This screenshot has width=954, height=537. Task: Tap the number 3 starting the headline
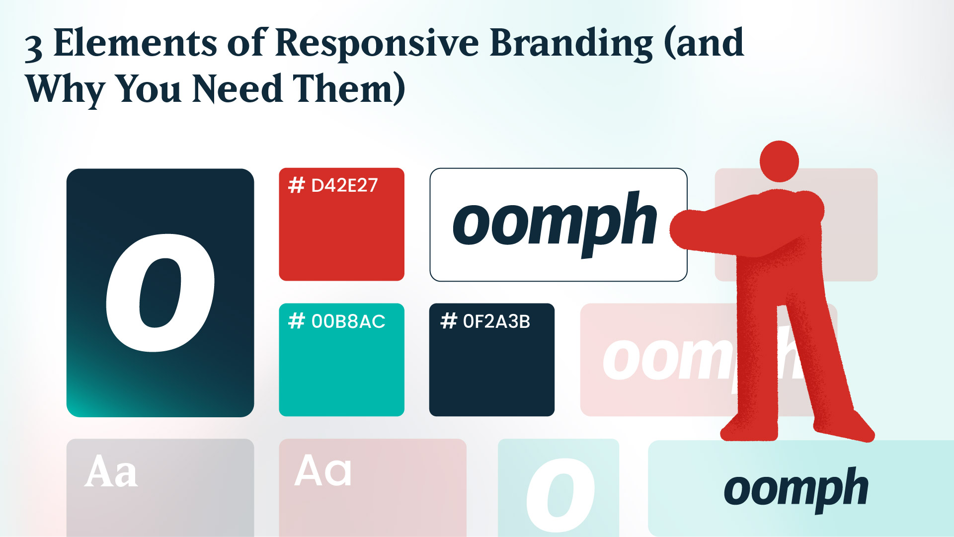[33, 48]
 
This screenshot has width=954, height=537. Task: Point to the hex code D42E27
[344, 186]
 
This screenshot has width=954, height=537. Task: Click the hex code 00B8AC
[348, 321]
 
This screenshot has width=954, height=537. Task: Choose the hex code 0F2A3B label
[496, 321]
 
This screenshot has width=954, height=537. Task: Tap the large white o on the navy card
[160, 293]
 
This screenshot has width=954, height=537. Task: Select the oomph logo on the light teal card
[795, 490]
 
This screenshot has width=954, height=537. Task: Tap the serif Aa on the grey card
[111, 471]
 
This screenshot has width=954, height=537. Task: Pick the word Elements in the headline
[135, 43]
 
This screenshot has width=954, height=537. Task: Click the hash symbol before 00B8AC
[297, 321]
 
